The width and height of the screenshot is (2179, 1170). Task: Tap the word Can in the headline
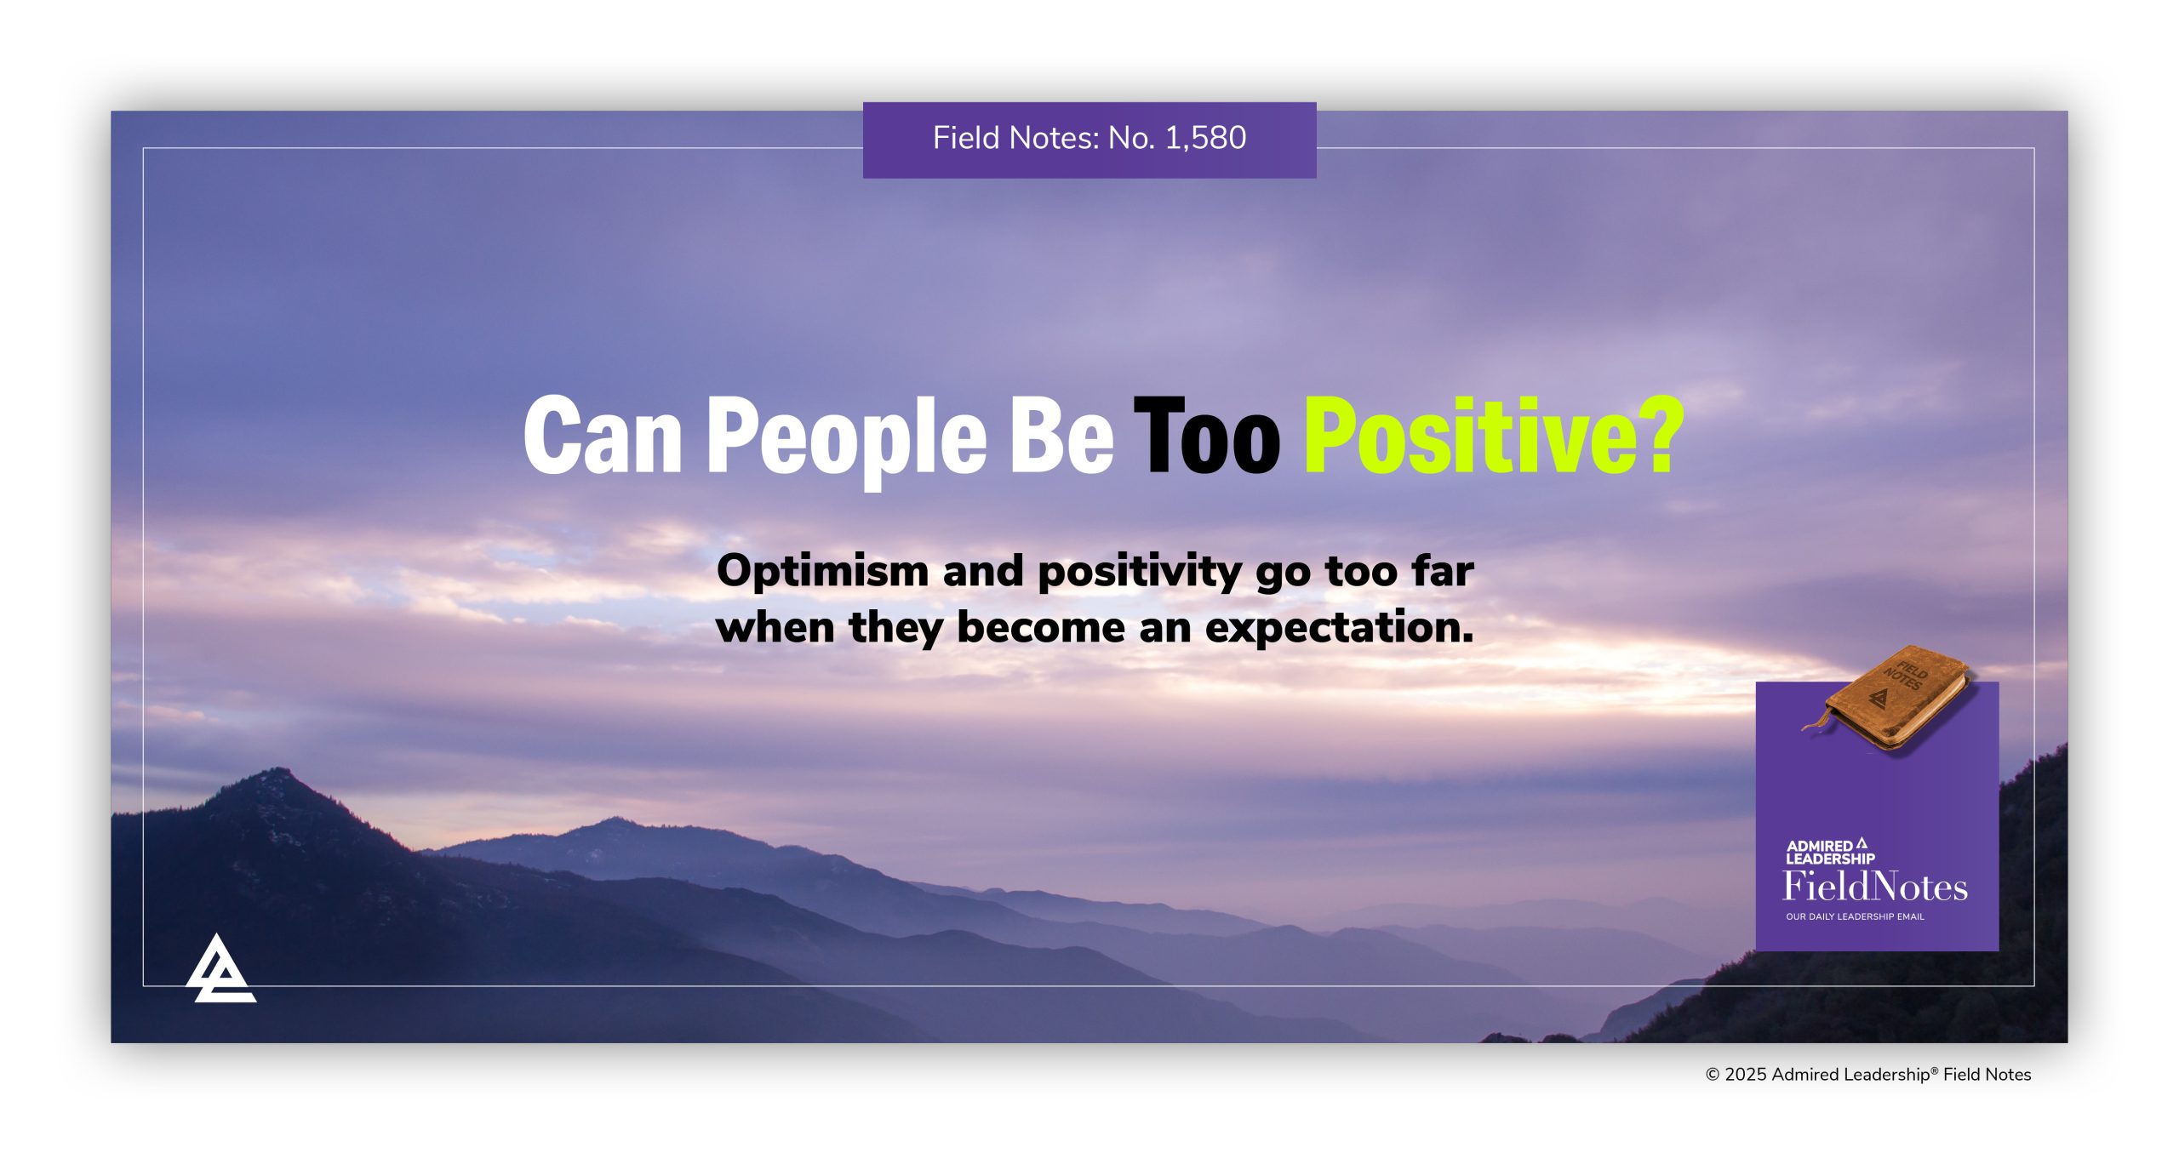click(603, 436)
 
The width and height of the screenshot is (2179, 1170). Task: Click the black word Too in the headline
click(1206, 436)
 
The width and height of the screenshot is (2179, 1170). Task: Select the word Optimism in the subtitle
click(821, 571)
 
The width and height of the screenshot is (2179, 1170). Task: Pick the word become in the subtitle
click(1040, 628)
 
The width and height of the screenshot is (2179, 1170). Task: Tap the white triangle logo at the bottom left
click(220, 970)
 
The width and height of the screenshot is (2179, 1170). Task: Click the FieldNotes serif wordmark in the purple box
click(1875, 887)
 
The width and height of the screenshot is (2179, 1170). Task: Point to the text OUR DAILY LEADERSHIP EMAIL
click(1855, 916)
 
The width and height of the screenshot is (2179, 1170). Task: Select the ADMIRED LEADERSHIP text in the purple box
click(1829, 852)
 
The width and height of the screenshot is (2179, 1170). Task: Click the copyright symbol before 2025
click(1713, 1075)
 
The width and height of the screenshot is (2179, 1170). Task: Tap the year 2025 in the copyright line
click(1746, 1075)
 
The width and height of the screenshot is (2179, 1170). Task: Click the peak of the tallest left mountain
click(281, 771)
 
